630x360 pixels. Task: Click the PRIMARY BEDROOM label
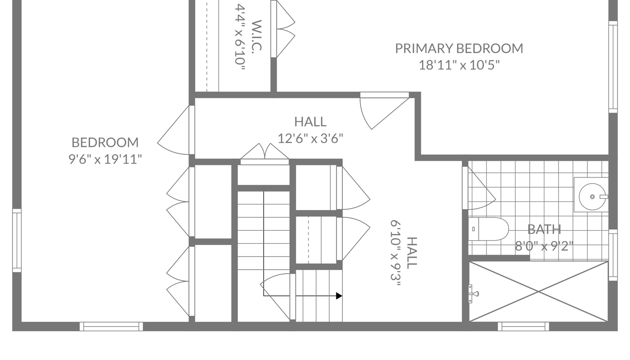(x=459, y=48)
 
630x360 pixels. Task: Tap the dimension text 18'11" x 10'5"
(x=459, y=65)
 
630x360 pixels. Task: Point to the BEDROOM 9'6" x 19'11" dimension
(x=105, y=159)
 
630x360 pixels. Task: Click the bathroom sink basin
(x=592, y=197)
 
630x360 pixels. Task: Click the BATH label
(x=544, y=230)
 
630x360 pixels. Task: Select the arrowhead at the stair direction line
(x=339, y=296)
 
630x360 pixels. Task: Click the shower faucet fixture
(x=473, y=294)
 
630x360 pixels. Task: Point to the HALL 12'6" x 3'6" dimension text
(x=311, y=138)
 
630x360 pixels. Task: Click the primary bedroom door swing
(x=384, y=111)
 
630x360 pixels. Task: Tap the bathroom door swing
(x=479, y=188)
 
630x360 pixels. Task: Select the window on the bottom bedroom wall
(x=111, y=327)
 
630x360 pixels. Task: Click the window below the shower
(x=523, y=327)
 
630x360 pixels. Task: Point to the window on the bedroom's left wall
(x=17, y=241)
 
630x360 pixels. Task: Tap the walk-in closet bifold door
(x=283, y=29)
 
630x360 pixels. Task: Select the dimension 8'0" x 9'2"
(x=544, y=247)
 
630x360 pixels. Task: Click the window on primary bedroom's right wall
(x=613, y=67)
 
